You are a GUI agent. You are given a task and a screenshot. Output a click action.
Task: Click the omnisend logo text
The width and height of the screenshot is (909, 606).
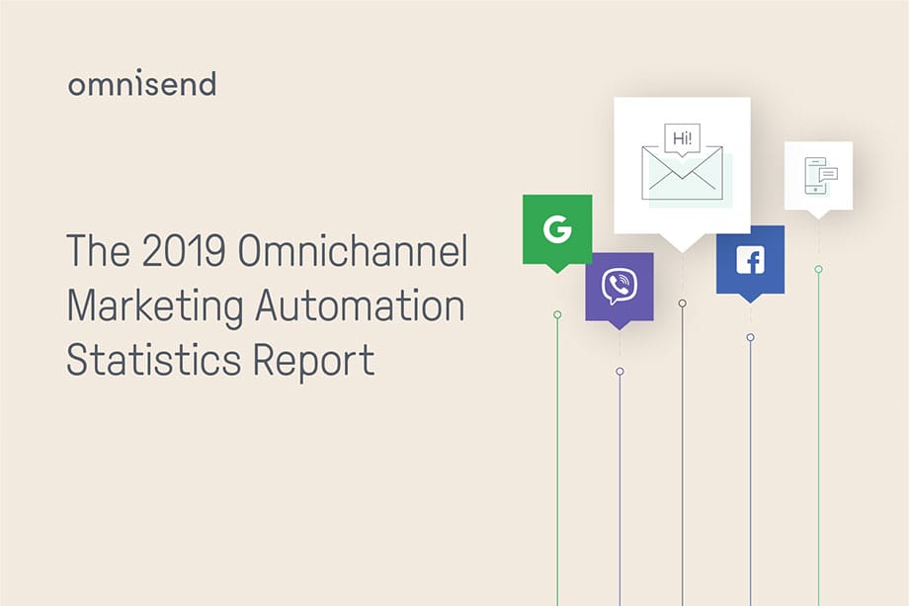coord(141,84)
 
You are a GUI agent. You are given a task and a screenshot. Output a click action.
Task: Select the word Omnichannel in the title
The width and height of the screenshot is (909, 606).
coord(353,253)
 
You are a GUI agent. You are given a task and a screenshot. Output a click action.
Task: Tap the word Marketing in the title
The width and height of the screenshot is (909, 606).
coord(154,305)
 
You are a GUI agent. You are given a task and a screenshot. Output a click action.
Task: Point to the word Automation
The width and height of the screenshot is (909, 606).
coord(359,305)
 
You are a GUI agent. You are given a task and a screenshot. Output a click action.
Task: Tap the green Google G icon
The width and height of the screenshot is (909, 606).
coord(557,228)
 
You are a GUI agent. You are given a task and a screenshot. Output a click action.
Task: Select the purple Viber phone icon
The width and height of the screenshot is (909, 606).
coord(620,286)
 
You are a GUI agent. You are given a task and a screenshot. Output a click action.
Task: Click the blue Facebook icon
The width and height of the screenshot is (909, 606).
coord(750,259)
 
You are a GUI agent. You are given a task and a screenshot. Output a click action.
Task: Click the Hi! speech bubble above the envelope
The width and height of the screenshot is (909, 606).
coord(682,139)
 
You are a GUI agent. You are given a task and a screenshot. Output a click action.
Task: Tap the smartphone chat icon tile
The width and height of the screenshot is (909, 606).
coord(818,175)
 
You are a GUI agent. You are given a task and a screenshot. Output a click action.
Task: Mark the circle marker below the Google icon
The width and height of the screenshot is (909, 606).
coord(557,314)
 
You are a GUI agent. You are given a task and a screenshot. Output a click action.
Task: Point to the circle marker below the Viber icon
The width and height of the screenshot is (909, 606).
coord(620,372)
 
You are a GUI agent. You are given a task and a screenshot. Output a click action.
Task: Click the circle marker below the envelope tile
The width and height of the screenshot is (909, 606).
coord(682,303)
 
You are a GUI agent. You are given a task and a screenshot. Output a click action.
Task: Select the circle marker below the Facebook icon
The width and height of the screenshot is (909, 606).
coord(750,337)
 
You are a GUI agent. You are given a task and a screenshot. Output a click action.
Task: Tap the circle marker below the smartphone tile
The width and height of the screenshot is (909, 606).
coord(818,269)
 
